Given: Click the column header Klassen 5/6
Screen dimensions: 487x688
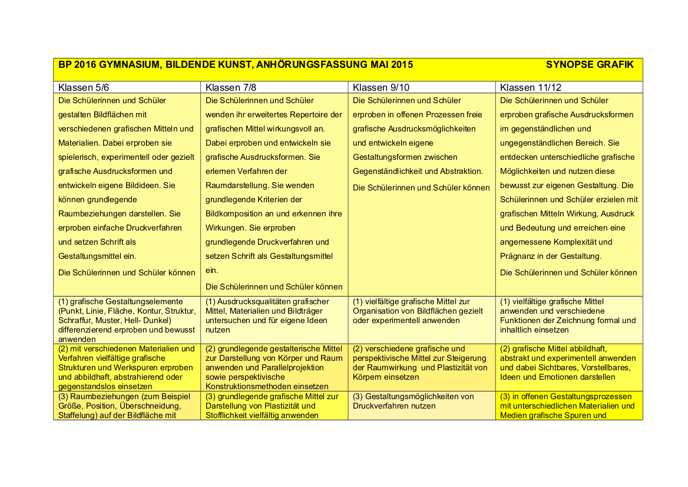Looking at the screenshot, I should tap(84, 87).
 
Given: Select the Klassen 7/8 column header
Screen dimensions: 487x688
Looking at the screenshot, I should tap(231, 87).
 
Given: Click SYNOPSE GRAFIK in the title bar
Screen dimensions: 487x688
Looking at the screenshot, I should tap(590, 64).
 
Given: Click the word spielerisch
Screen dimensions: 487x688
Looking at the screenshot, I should tap(79, 157).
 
